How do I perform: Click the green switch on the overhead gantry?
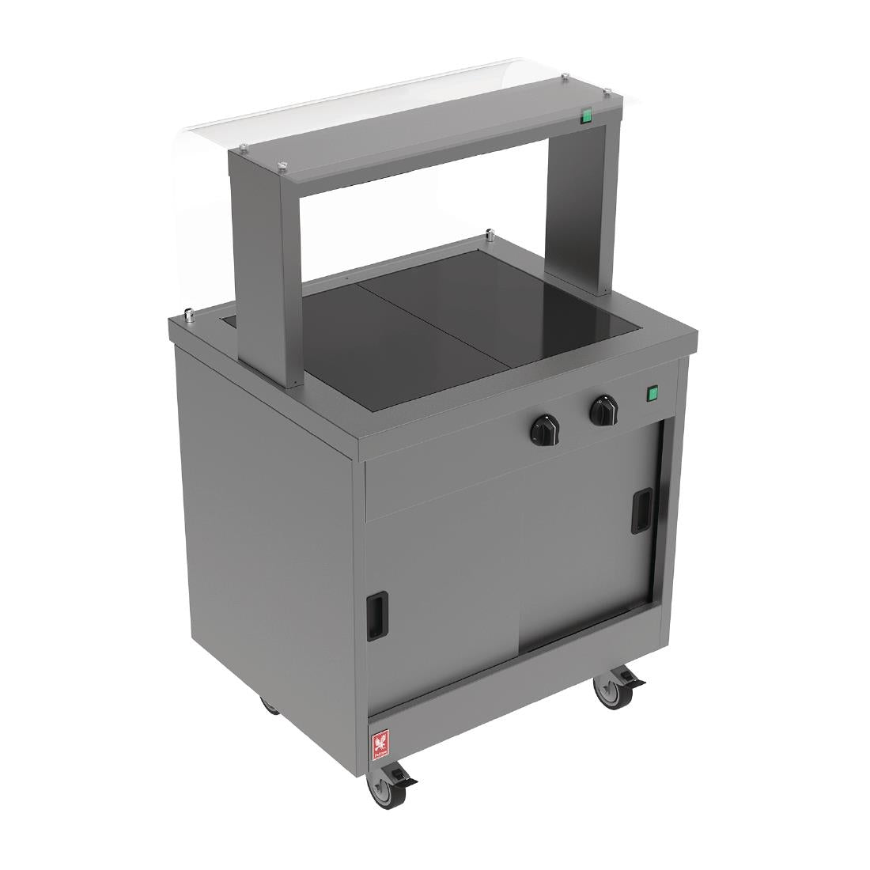coord(587,116)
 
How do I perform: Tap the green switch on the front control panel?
coord(652,393)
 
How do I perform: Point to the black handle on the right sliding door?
coord(637,513)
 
